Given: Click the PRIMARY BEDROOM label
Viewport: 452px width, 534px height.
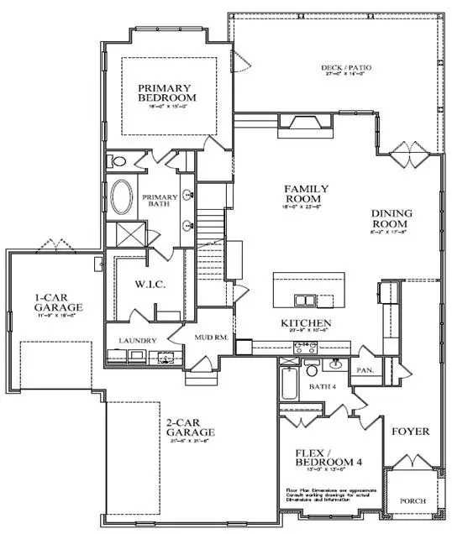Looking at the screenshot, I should [x=165, y=92].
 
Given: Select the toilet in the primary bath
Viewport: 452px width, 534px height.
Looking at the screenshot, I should [x=118, y=161].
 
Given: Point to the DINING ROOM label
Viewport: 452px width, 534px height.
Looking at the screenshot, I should [x=392, y=220].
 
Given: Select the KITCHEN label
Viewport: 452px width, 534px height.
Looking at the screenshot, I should [x=306, y=323].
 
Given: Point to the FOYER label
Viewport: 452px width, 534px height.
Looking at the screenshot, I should [x=411, y=432].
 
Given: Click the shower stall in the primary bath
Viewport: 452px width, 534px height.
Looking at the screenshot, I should [x=122, y=231].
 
